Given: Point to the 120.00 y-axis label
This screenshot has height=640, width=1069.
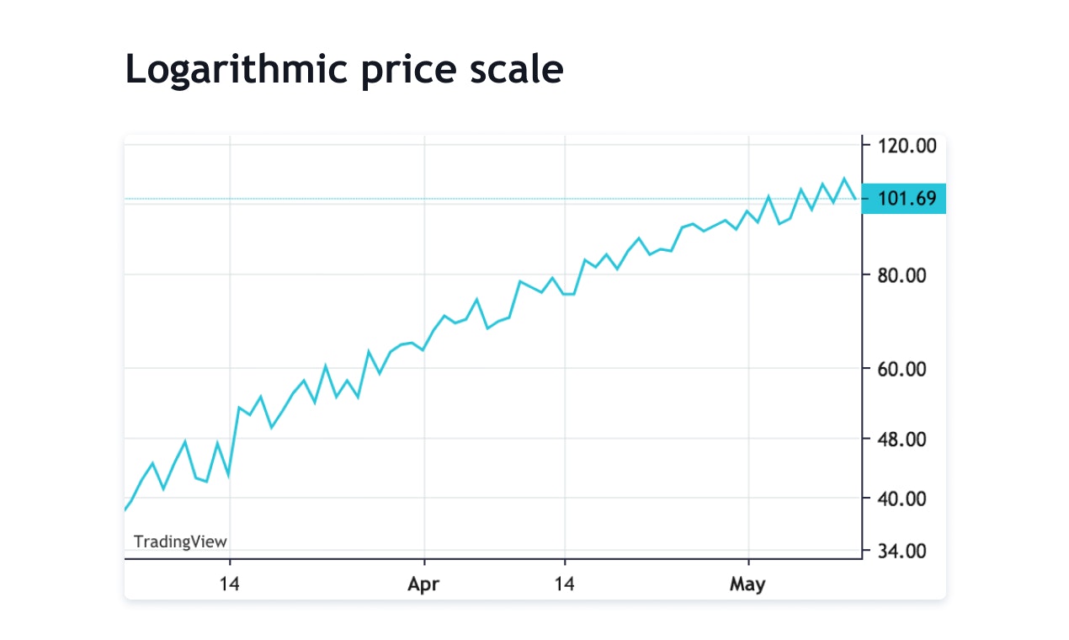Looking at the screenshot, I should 907,146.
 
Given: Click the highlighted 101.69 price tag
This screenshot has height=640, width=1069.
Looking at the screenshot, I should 906,199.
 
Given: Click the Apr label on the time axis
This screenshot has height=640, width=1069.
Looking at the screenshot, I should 423,584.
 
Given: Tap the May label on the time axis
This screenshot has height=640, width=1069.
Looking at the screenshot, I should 747,584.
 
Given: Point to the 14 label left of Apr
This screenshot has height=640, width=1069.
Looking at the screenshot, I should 230,584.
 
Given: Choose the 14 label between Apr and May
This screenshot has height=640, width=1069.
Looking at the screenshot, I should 565,584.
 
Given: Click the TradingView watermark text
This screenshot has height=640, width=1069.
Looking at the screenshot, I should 180,541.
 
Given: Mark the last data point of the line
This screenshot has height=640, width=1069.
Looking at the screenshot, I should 855,199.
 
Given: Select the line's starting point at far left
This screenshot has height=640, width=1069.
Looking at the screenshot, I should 125,509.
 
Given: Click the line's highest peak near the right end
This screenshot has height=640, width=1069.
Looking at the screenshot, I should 844,179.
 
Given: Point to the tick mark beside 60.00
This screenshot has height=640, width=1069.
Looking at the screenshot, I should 865,369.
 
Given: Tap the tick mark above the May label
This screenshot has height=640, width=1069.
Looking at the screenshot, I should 748,562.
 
